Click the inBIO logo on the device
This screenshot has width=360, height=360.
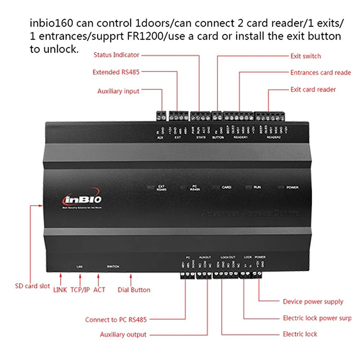click(79, 198)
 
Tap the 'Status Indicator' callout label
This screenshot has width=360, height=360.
click(117, 55)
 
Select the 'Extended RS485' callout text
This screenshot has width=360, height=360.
click(116, 72)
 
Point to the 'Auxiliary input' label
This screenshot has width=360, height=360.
click(118, 91)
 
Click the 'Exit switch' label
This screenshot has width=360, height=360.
click(306, 56)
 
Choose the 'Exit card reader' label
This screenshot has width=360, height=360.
click(313, 90)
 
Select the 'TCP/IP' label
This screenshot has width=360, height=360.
click(81, 290)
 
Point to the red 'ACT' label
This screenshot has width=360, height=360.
click(99, 290)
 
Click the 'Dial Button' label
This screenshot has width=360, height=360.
click(134, 290)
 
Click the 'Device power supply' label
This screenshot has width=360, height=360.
click(313, 301)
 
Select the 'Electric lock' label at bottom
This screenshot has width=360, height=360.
click(300, 334)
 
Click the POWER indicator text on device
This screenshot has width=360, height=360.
click(292, 187)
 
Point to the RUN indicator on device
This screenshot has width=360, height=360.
click(257, 186)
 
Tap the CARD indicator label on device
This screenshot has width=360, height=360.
click(227, 187)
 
